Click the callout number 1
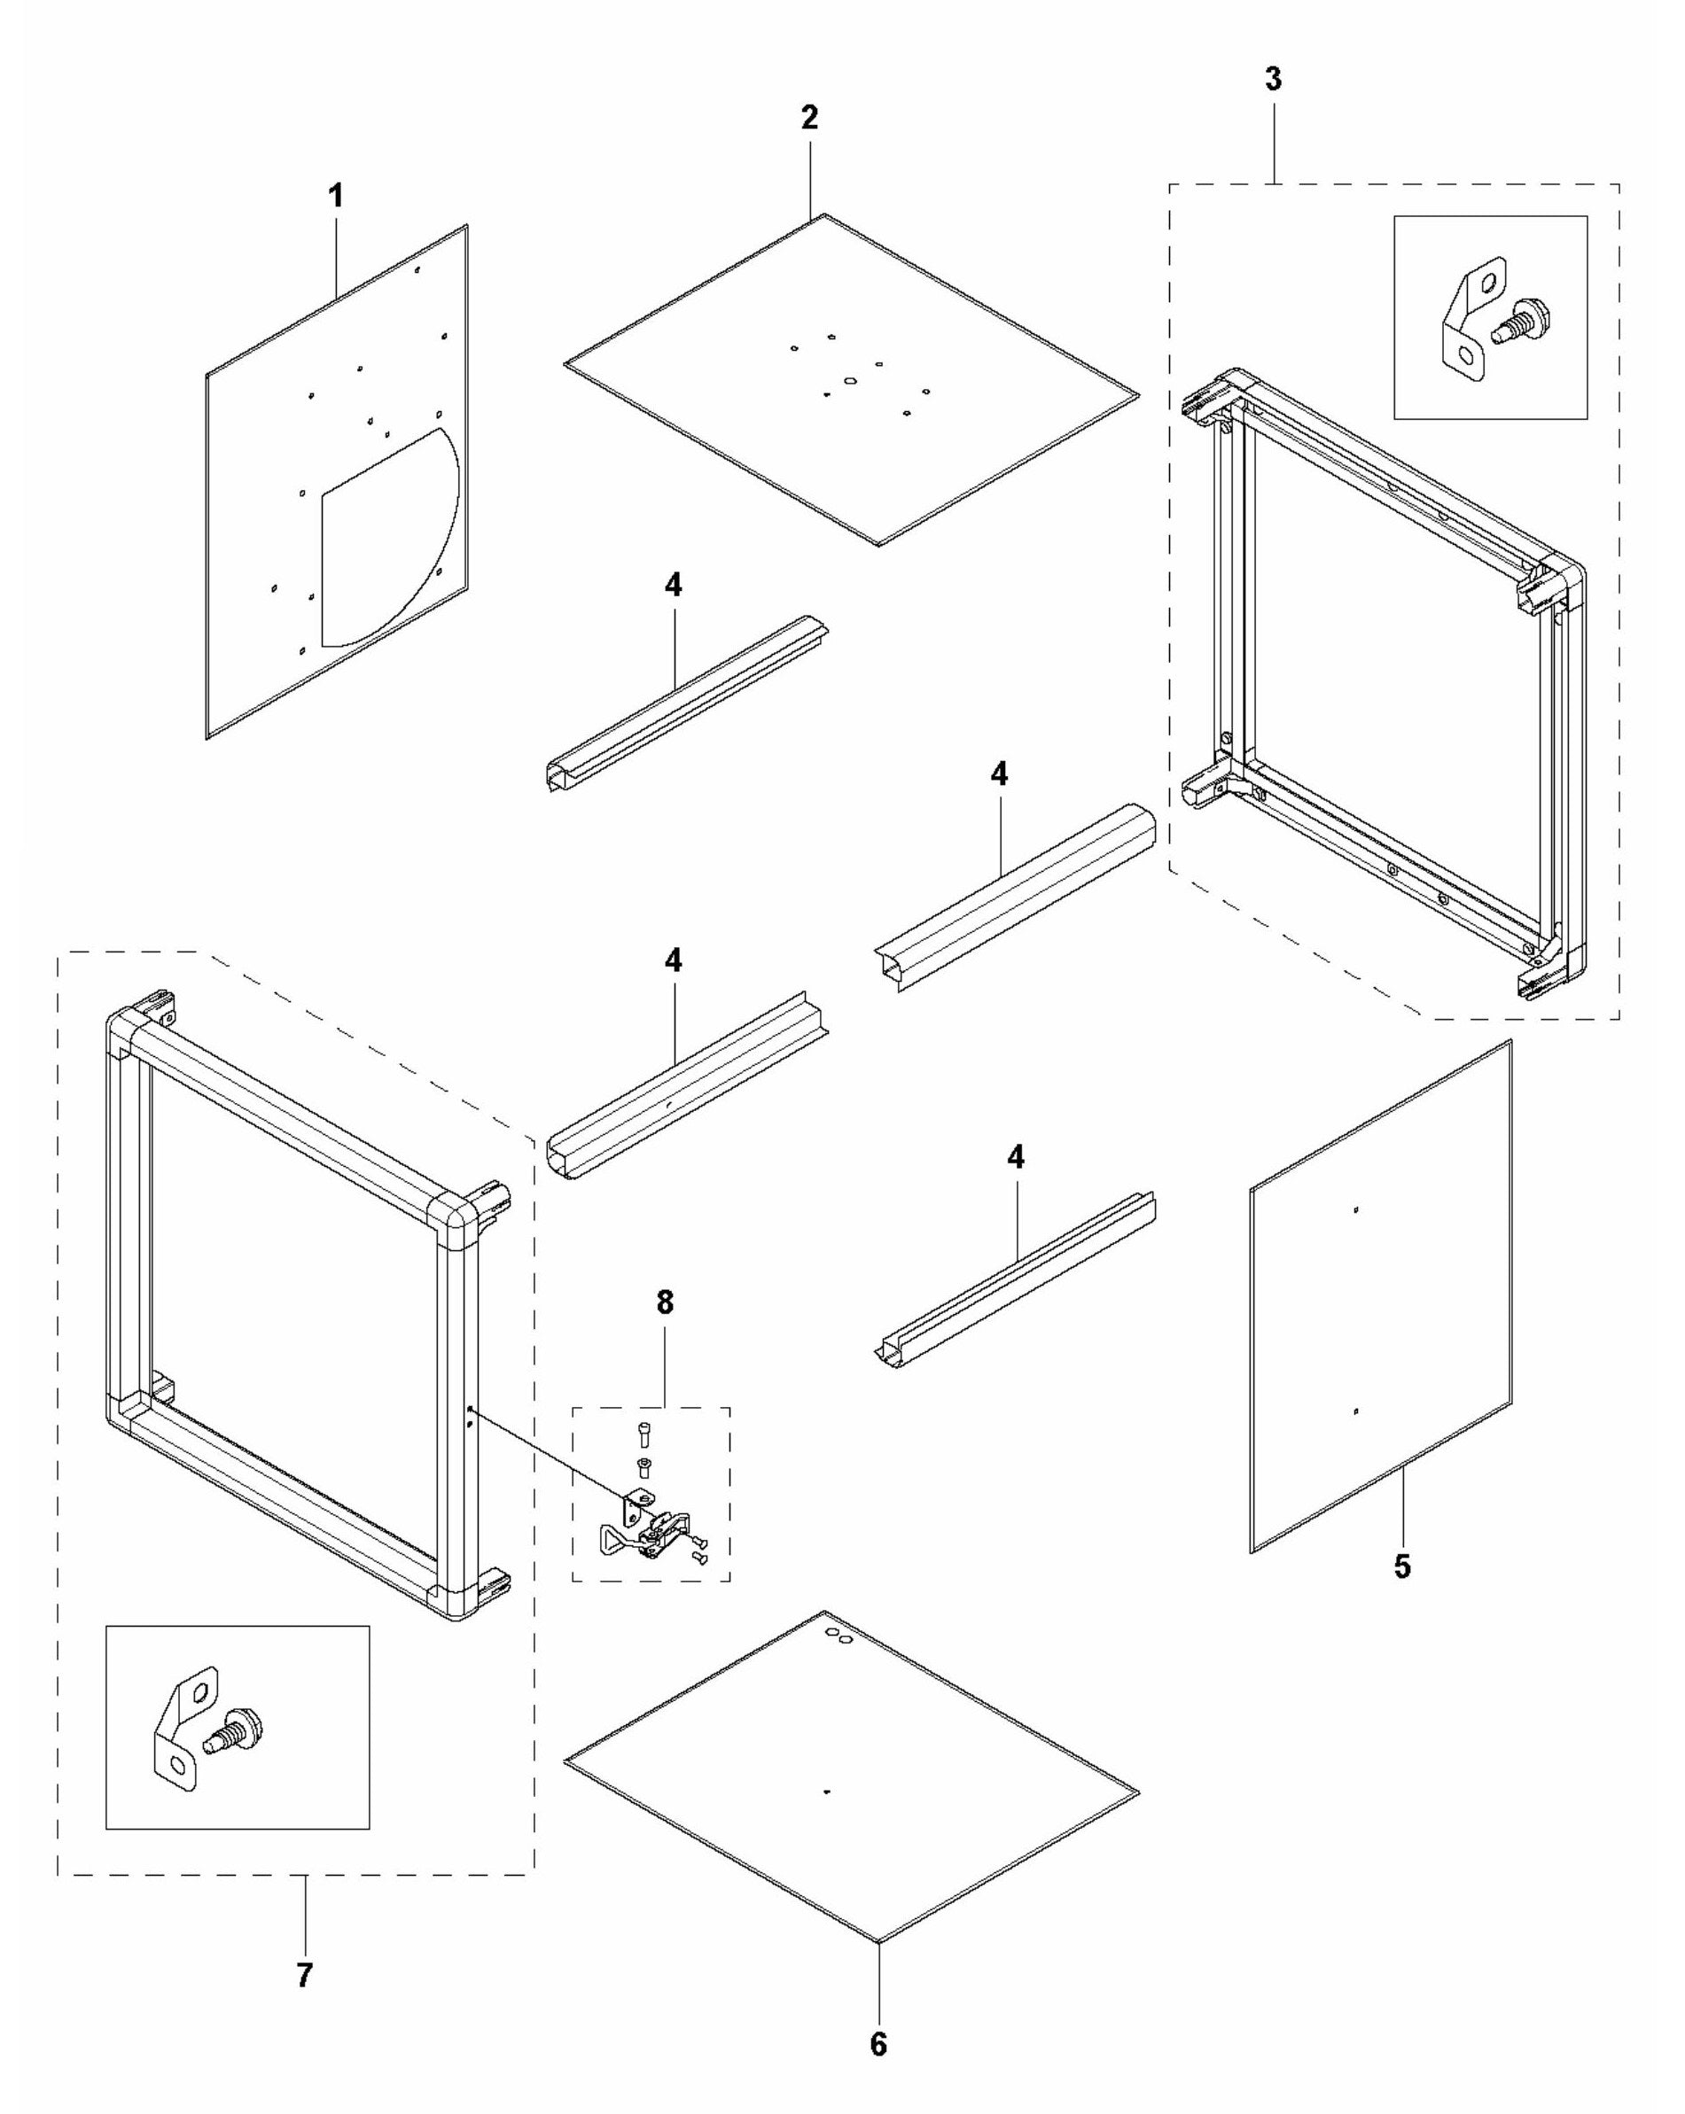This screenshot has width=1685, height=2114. click(x=335, y=196)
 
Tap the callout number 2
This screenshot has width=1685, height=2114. click(x=808, y=118)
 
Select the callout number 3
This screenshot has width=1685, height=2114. click(x=1272, y=80)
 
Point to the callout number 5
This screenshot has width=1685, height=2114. click(x=1402, y=1566)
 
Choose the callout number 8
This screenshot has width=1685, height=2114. click(x=665, y=1303)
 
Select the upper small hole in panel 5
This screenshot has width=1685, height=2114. click(x=1355, y=1210)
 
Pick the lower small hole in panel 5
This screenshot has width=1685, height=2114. click(x=1355, y=1412)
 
